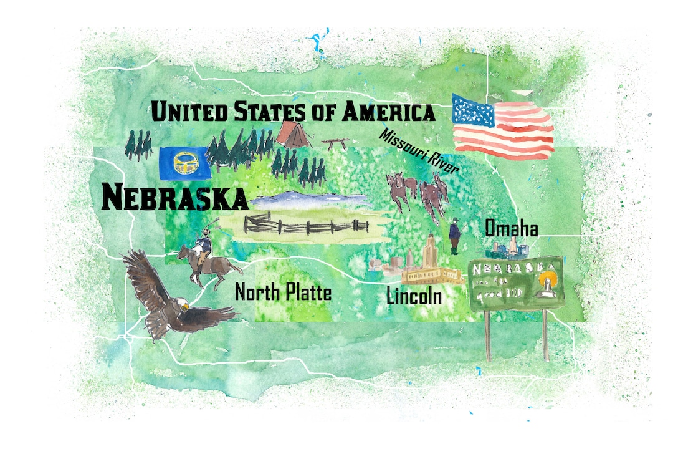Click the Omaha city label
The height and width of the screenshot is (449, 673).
[x=512, y=229]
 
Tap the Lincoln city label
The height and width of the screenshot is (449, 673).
[x=414, y=296]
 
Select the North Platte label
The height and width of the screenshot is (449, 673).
[x=283, y=292]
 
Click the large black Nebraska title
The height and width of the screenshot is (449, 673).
[x=174, y=197]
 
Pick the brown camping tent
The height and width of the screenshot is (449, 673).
[x=293, y=134]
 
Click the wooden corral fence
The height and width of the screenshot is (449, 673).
[x=305, y=224]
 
